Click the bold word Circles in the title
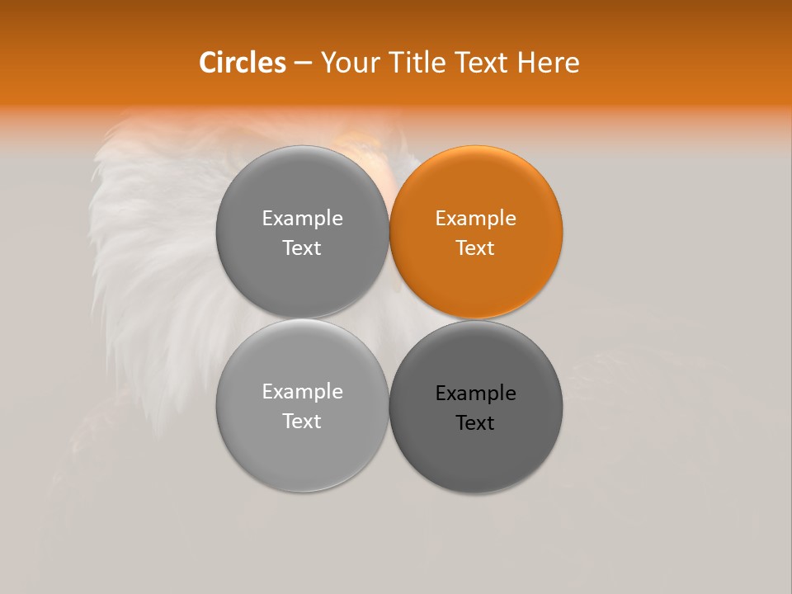tap(243, 63)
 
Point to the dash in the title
tap(303, 64)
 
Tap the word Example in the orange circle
tap(476, 219)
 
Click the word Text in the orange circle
tap(476, 248)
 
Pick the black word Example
tap(476, 394)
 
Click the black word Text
tap(476, 423)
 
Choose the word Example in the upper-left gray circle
tap(302, 219)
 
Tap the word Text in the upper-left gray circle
tap(302, 248)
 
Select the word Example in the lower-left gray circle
tap(302, 392)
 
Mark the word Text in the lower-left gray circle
tap(302, 422)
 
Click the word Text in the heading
tap(484, 63)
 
